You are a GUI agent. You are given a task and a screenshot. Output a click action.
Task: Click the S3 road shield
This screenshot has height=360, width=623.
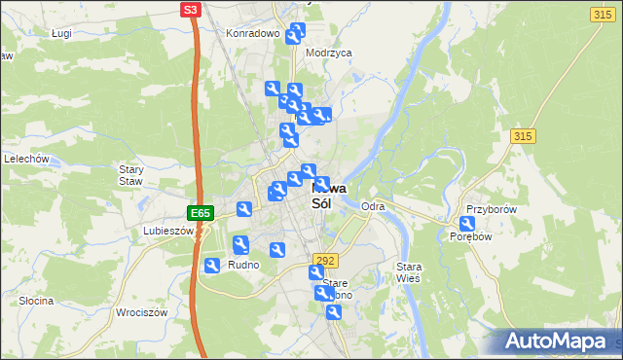[191, 10]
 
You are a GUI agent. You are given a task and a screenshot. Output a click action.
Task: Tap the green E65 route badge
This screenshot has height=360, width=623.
[201, 212]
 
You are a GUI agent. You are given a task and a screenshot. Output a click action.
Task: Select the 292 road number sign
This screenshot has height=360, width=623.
[326, 261]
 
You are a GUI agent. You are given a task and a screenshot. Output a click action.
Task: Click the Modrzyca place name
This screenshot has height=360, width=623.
[328, 54]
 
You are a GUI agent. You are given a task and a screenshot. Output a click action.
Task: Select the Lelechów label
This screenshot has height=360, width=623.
[26, 159]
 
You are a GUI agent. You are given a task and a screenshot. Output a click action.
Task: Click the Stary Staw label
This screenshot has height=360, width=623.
[130, 175]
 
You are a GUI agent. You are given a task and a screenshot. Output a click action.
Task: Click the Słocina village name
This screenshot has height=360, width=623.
[36, 301]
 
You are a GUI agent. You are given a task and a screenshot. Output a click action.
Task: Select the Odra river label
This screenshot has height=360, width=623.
[373, 206]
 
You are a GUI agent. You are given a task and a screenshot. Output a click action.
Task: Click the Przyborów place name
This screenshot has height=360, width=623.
[490, 209]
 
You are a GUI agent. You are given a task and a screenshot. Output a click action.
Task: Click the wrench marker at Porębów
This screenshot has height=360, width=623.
[467, 224]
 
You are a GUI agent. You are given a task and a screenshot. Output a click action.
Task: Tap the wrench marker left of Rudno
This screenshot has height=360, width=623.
[212, 265]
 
